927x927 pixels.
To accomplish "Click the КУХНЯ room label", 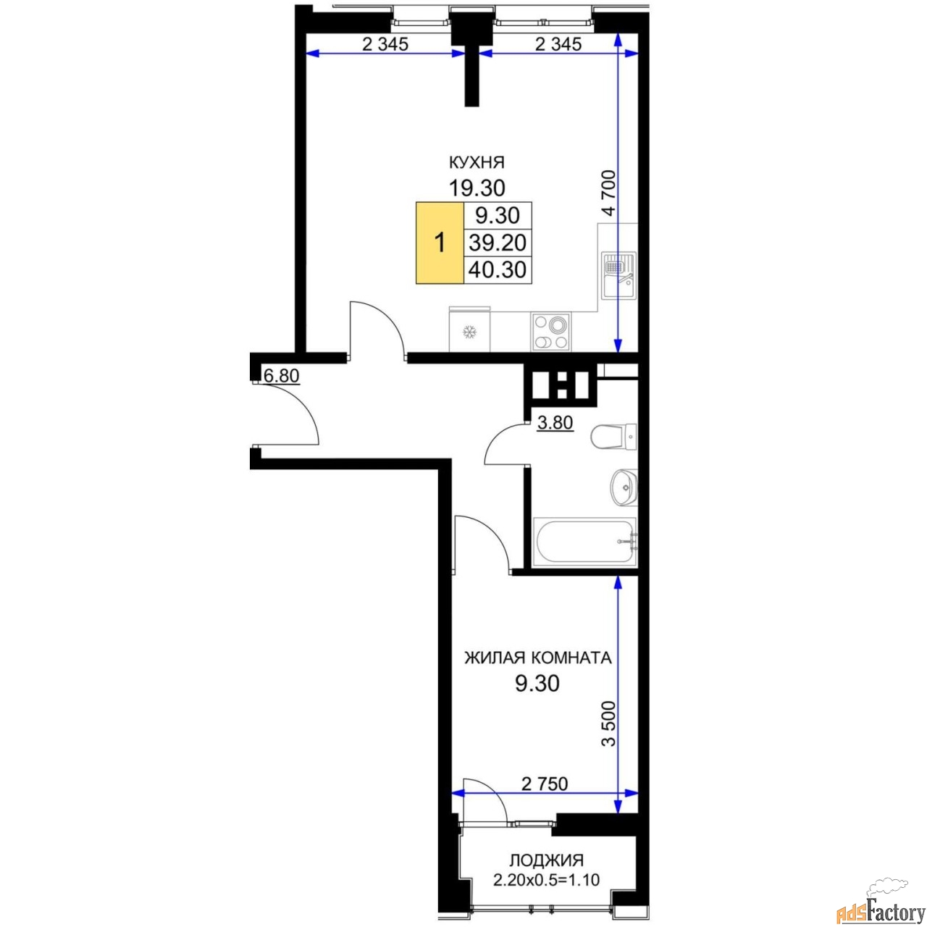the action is tap(477, 163).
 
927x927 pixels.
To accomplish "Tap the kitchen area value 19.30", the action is tap(477, 188).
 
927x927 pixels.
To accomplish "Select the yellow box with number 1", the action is tap(440, 243).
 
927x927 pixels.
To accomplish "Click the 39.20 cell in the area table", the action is tap(498, 243).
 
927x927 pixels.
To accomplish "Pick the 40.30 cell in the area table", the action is tap(498, 270).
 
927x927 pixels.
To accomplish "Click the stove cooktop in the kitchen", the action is tap(551, 332).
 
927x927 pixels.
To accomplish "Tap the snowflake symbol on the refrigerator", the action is tap(469, 332).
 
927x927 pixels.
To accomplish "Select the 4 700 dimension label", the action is tap(609, 193).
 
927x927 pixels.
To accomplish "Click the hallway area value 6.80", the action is tap(282, 375).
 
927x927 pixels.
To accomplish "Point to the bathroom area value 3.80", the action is tap(555, 423).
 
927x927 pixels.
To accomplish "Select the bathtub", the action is tap(585, 541).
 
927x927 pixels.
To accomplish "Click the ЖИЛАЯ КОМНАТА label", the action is tap(538, 658).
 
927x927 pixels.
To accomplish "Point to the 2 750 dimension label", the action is tap(545, 784).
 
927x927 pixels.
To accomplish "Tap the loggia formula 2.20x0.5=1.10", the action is tap(547, 880).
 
